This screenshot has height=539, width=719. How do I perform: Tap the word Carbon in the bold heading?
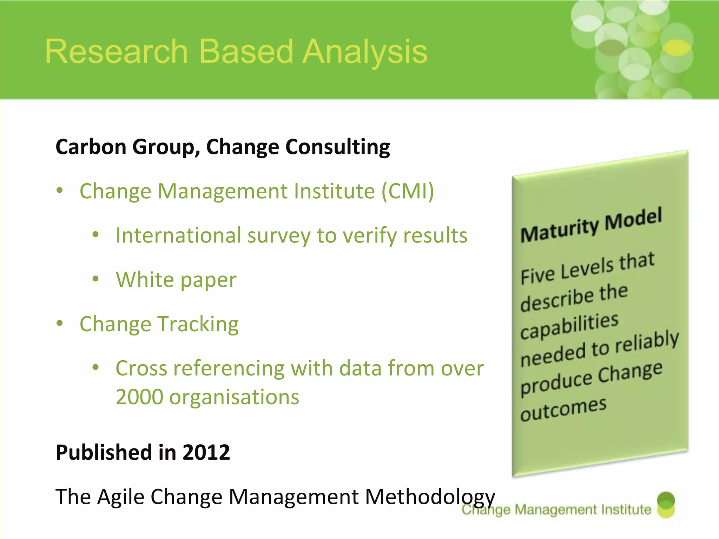click(x=91, y=147)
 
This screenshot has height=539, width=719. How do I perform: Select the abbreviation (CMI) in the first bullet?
click(x=408, y=191)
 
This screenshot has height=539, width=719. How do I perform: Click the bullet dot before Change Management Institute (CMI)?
click(x=60, y=191)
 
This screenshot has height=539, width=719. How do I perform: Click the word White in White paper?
click(x=145, y=280)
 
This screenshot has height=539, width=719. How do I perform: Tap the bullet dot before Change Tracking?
click(x=60, y=323)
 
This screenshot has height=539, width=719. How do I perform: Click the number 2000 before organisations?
click(x=139, y=397)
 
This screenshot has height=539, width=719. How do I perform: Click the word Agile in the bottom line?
click(x=120, y=497)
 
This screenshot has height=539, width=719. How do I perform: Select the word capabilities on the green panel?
click(x=569, y=326)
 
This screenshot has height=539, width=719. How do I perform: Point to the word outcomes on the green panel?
click(x=563, y=410)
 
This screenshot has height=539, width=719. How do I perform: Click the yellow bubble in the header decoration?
click(x=678, y=48)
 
